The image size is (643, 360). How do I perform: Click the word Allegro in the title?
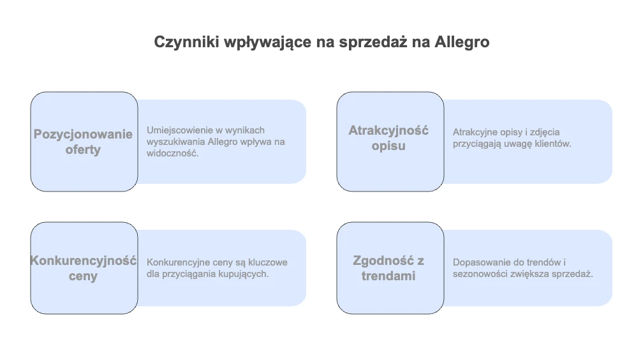tap(462, 42)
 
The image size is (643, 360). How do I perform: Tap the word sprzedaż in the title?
tap(373, 43)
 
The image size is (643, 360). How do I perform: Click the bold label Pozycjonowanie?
tap(83, 135)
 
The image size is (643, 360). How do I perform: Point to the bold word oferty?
tap(83, 149)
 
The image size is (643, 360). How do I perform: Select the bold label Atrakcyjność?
tap(388, 131)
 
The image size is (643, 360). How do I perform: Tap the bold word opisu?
tap(388, 146)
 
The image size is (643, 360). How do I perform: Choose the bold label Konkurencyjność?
tap(84, 260)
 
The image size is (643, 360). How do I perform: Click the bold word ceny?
tap(83, 276)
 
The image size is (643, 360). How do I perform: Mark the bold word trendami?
tap(388, 276)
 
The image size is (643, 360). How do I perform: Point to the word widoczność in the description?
tap(173, 154)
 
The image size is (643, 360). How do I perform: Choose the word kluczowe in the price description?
tap(268, 262)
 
